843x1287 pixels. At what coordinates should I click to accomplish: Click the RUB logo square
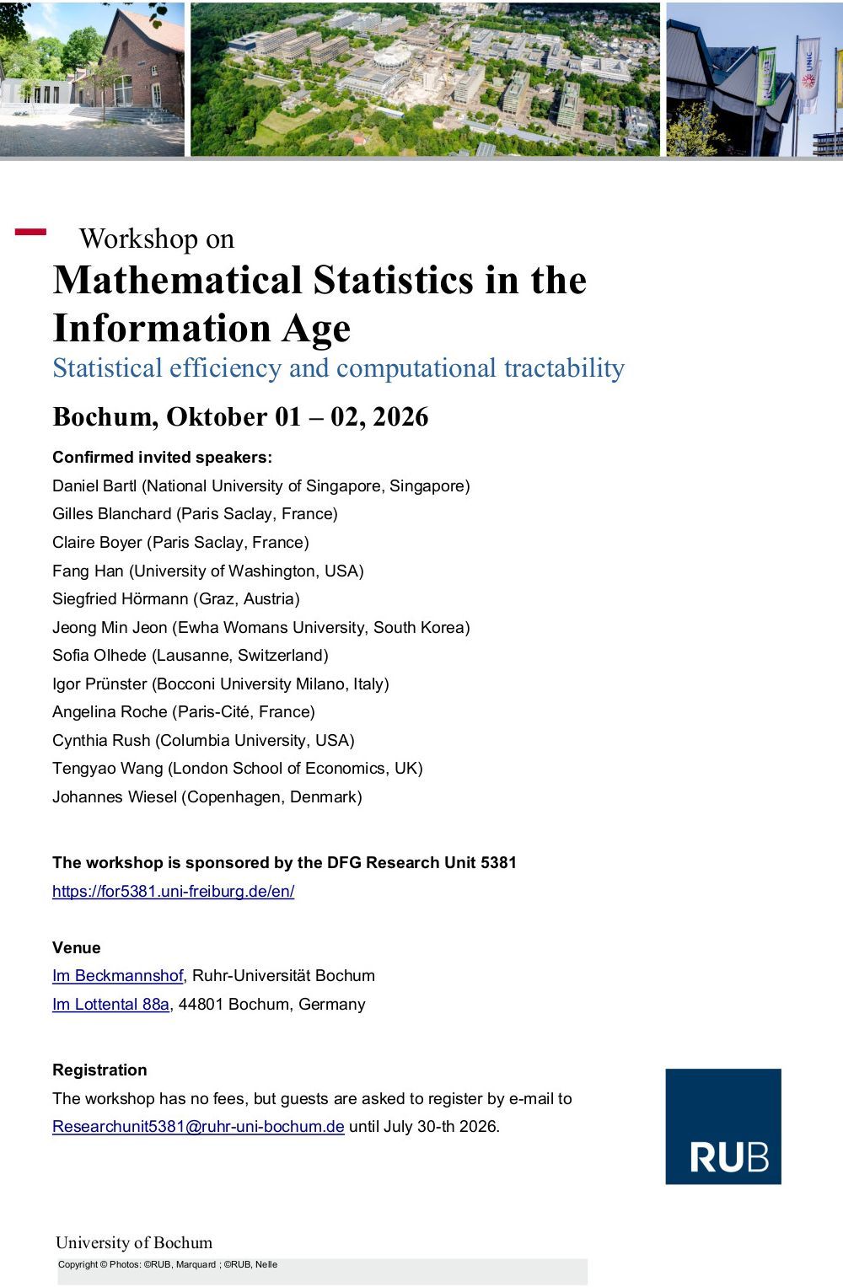722,1126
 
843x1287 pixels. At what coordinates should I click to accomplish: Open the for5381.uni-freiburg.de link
173,891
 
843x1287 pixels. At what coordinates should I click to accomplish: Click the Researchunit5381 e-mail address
198,1126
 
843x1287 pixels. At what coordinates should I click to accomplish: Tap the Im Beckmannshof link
117,975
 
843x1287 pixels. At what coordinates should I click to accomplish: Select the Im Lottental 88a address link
110,1004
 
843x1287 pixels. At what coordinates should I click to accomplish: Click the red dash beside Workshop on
30,232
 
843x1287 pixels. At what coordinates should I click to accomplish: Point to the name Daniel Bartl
94,485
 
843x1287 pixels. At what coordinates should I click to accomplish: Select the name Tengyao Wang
108,768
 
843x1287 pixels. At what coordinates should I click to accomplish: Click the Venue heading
76,947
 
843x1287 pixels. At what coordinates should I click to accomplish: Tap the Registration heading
99,1070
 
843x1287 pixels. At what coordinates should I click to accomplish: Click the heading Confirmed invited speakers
162,457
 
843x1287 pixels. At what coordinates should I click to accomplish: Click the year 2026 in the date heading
400,416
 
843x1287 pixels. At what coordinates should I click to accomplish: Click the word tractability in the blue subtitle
564,367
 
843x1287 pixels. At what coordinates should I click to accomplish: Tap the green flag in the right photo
766,76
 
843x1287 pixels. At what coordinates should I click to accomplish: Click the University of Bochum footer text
134,1242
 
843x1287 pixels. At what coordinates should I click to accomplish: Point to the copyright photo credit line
167,1264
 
